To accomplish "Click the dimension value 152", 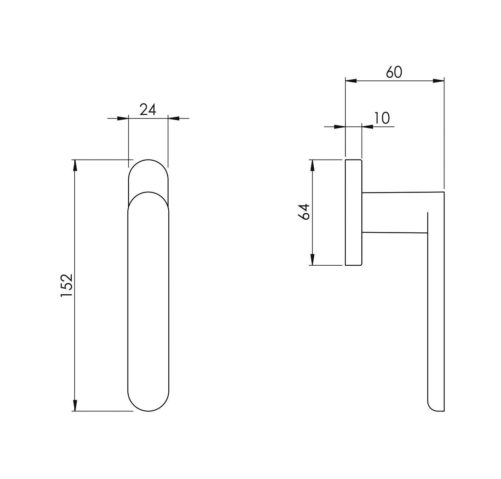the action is (67, 285).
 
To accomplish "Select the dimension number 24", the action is (148, 110).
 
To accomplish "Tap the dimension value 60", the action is (394, 72).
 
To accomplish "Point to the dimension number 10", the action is (382, 118).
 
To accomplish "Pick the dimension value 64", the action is (304, 212).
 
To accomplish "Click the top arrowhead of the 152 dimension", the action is (75, 165).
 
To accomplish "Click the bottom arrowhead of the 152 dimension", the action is (75, 405).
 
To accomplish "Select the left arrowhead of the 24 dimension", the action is (123, 119).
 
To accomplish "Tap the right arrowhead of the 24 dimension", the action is (174, 119).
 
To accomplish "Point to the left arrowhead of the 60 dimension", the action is (351, 81).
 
